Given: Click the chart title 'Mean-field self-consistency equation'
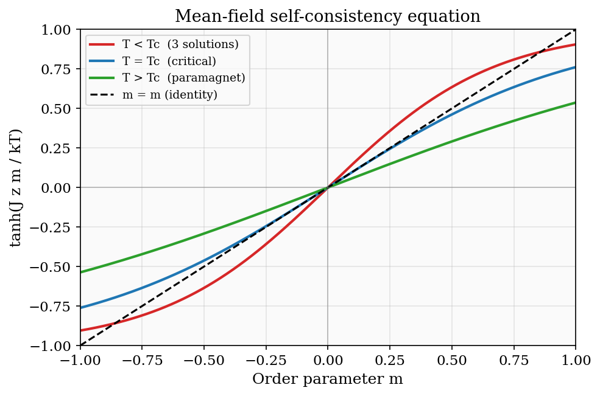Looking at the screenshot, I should (328, 16).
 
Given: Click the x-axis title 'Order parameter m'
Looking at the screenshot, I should (328, 379).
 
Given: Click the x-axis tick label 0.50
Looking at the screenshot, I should (451, 360).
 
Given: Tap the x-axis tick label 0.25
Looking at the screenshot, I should (389, 360).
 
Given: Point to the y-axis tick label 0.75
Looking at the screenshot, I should (58, 69).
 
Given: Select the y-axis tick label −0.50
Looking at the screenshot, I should (56, 267).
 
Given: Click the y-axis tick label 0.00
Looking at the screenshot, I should (58, 188).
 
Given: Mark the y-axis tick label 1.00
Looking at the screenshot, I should (58, 30).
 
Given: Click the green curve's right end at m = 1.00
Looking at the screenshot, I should (575, 103).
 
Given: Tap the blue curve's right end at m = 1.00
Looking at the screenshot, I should (575, 67).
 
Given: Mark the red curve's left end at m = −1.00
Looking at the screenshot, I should (80, 330).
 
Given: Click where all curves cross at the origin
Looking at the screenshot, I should (328, 187).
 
